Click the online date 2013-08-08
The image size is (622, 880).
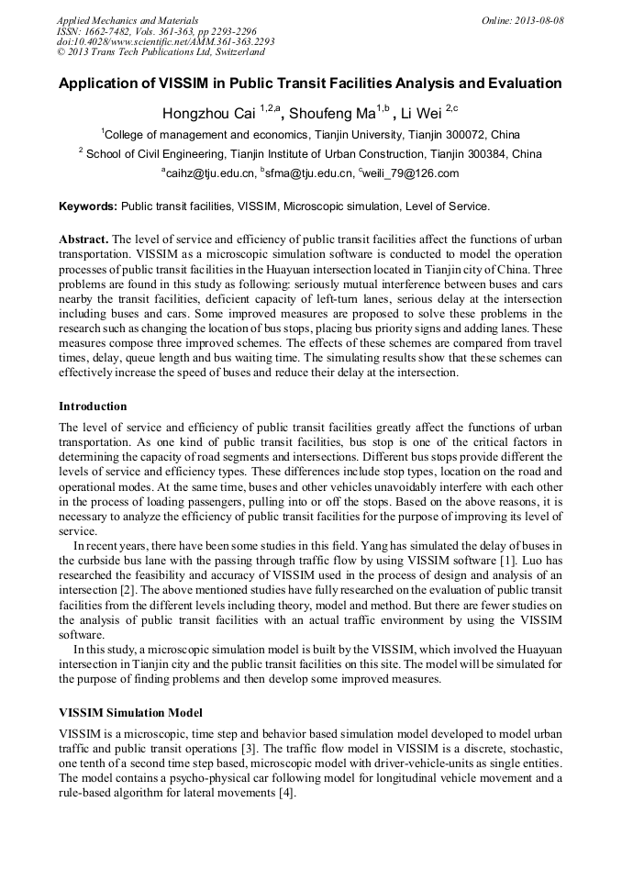click(539, 20)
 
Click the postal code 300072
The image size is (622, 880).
click(472, 134)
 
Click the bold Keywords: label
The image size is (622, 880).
click(87, 206)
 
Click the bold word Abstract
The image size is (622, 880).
click(83, 239)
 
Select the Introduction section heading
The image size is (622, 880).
click(93, 406)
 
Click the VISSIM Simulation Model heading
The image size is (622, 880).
click(130, 713)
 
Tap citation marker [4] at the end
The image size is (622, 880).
click(286, 792)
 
